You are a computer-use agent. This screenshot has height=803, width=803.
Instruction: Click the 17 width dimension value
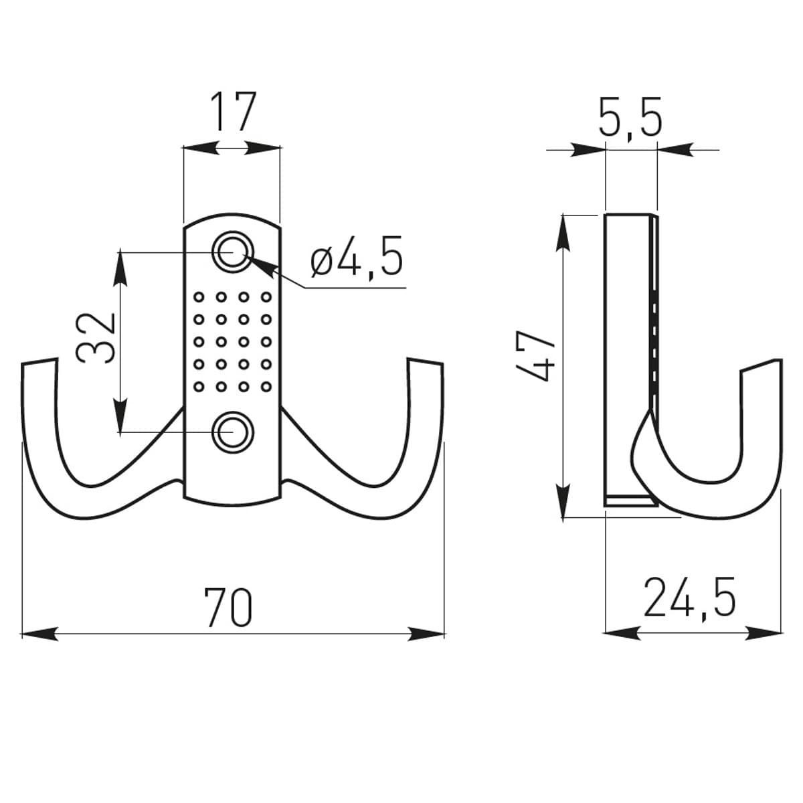[232, 112]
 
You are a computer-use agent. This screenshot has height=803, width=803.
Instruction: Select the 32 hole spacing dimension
[96, 339]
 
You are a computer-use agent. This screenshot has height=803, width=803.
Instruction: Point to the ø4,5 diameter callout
[357, 256]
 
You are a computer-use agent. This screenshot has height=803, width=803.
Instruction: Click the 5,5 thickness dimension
[630, 118]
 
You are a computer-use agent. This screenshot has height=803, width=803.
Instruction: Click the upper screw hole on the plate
[232, 252]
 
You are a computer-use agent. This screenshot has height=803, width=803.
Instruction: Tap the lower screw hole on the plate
[232, 432]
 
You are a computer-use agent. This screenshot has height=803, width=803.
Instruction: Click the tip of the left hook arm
[39, 361]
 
